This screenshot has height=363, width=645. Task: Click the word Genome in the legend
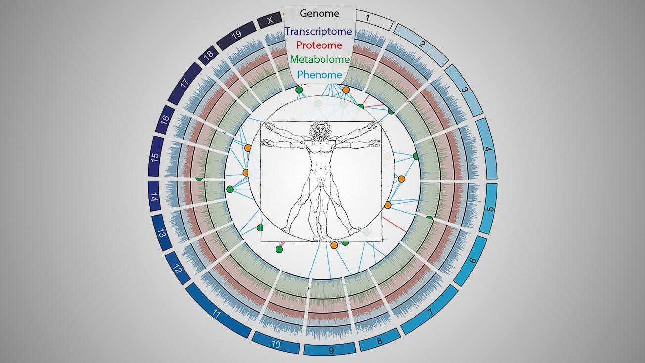point(320,13)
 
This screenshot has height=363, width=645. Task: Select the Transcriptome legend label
point(319,31)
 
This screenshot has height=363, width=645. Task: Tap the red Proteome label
point(319,45)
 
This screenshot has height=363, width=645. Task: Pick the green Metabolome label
point(320,59)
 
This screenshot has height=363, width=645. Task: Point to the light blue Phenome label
point(320,75)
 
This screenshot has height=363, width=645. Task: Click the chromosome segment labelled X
point(270,20)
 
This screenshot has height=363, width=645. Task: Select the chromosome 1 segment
point(374,20)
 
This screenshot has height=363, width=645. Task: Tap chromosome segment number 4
point(487,148)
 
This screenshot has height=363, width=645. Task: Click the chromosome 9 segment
point(330,349)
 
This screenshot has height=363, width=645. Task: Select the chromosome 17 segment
point(184,84)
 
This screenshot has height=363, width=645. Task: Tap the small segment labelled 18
point(208,55)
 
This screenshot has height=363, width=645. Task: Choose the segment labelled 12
point(178,269)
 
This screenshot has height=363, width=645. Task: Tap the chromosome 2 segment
point(421,45)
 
